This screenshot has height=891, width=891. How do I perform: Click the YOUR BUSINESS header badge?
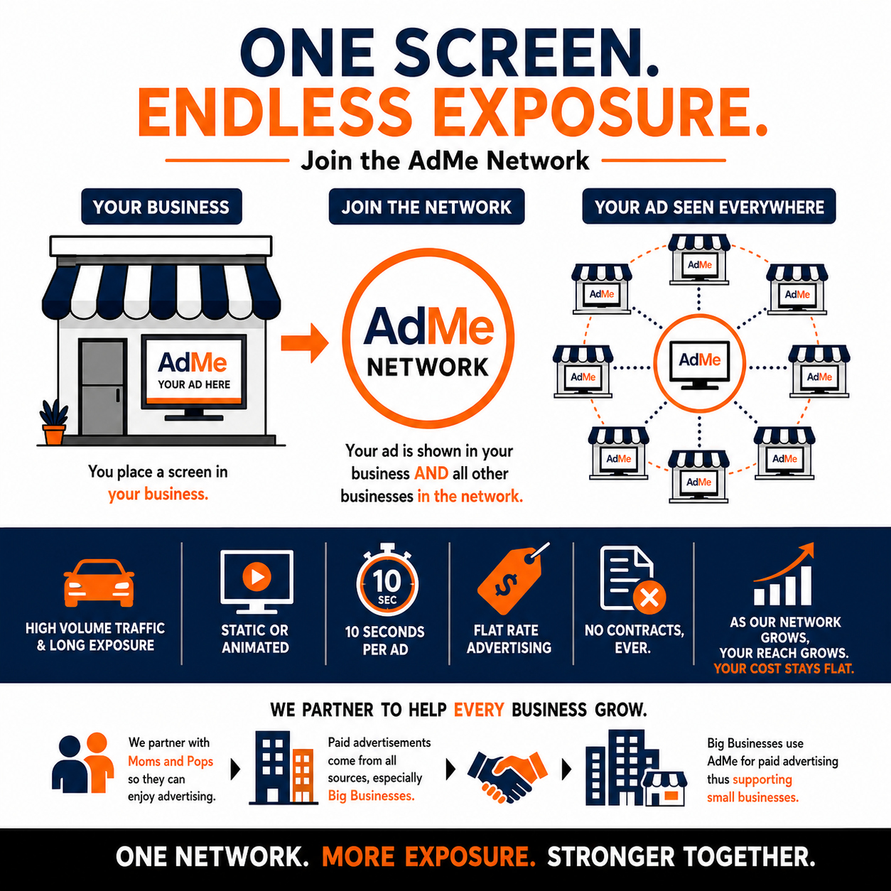point(161,206)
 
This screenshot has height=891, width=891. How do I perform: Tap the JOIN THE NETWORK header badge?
point(426,206)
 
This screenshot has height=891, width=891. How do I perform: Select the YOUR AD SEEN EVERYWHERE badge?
point(709,206)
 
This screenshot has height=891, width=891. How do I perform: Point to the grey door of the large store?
point(102,387)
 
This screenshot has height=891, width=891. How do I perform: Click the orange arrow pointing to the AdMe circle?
point(305,342)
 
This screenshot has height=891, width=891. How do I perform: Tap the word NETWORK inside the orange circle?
point(428,367)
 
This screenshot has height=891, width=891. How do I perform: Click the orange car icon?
point(99,583)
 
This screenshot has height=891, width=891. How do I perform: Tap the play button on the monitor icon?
point(256,576)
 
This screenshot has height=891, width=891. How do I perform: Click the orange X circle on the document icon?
point(649,598)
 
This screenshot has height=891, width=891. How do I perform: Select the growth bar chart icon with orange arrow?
point(783,574)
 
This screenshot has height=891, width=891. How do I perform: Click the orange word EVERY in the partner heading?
point(479,711)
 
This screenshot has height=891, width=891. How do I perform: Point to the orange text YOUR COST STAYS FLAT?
point(783,669)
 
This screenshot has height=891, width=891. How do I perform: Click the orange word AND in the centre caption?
point(431,473)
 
